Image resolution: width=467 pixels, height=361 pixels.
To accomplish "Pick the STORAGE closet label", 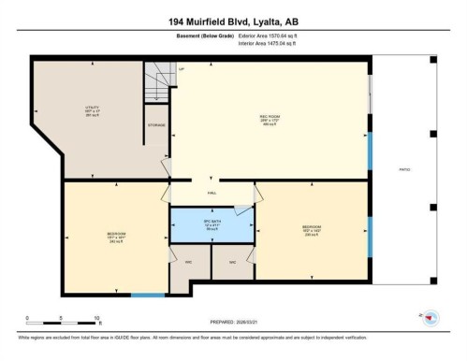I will (156, 124).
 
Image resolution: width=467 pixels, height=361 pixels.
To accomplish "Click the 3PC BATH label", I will (212, 225).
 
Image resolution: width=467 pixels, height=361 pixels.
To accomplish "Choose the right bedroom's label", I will (313, 229).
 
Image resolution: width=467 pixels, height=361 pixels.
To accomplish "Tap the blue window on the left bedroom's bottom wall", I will (147, 296).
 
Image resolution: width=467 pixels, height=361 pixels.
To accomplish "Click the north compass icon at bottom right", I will (430, 318).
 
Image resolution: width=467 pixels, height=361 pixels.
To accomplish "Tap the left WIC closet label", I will (188, 261).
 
